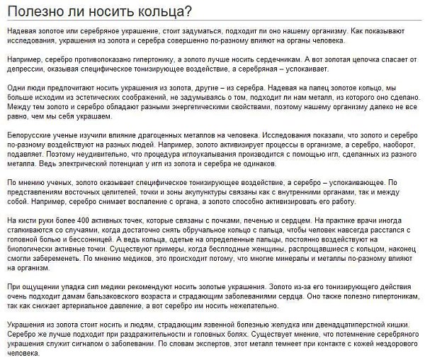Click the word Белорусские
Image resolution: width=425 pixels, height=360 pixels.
[x=31, y=133]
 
